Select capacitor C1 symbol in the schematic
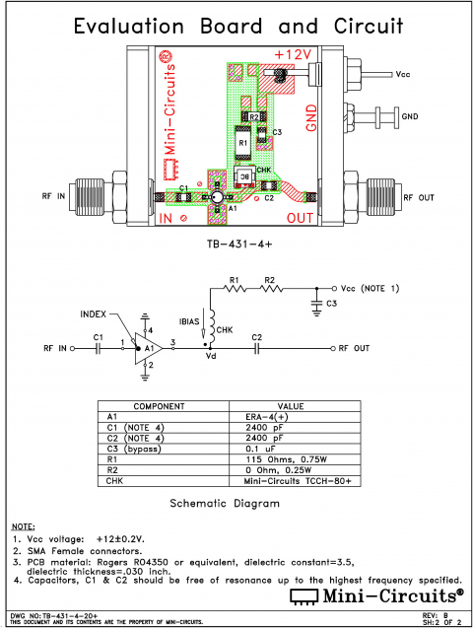98,348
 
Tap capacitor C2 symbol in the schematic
256,348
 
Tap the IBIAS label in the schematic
190,321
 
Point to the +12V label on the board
294,53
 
